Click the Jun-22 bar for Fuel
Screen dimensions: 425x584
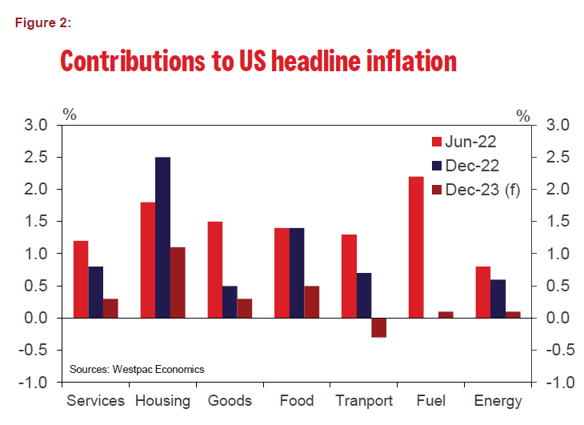(x=416, y=247)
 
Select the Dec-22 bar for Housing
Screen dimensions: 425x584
(x=162, y=238)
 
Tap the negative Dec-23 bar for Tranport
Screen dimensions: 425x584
(x=378, y=327)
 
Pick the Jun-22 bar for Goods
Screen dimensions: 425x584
(x=214, y=270)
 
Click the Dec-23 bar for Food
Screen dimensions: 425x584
(x=311, y=302)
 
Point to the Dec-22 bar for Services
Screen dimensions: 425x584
(x=95, y=292)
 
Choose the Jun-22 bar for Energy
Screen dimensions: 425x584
(x=483, y=292)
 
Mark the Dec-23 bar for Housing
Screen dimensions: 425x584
(x=178, y=283)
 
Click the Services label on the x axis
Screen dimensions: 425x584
(x=95, y=401)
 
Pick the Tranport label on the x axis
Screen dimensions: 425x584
(x=364, y=401)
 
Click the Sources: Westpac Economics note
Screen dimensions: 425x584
(x=136, y=369)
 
